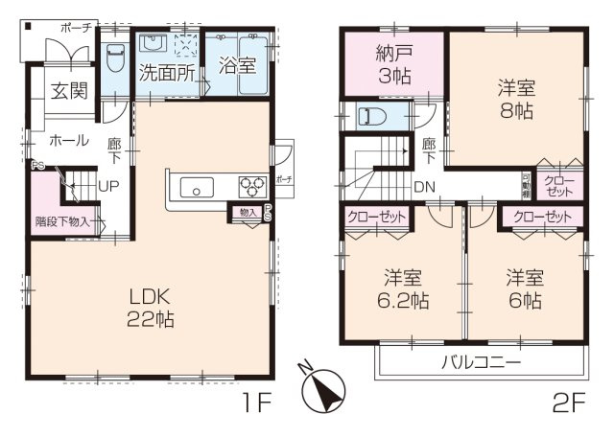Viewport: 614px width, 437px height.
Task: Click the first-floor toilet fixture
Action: (x=115, y=57)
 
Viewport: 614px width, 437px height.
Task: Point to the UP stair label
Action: (x=107, y=186)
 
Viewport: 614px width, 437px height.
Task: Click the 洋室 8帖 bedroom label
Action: (x=515, y=100)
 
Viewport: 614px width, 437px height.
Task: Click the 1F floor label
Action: (x=258, y=403)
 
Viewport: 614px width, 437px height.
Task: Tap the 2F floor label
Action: (x=568, y=403)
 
